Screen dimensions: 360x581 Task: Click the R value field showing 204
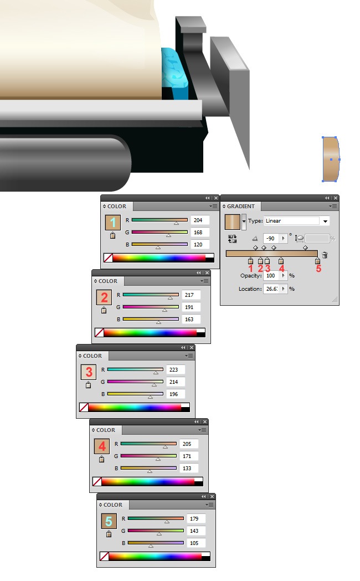[200, 220]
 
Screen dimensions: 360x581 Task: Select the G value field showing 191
[191, 307]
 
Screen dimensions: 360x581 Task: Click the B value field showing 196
[176, 394]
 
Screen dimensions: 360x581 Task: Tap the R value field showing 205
[189, 444]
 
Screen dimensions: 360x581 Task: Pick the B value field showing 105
[196, 543]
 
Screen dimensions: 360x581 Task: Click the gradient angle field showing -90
[272, 238]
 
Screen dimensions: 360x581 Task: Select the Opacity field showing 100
[272, 276]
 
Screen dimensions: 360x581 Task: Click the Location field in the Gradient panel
[272, 289]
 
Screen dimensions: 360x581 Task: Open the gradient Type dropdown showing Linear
[297, 221]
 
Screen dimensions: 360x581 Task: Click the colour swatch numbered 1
[113, 223]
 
